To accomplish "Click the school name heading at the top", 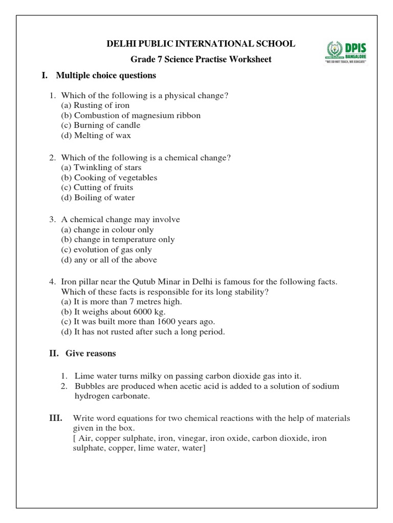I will [201, 44].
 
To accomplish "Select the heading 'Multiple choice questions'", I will [106, 76].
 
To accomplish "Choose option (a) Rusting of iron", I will [95, 105].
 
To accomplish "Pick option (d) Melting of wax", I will [96, 135].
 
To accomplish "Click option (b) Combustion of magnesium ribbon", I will [130, 115].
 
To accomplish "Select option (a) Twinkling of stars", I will [101, 168].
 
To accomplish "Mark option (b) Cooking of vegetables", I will [109, 178].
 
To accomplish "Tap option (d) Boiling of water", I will [98, 198].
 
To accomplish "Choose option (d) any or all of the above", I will [109, 260].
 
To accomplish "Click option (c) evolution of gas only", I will [106, 250].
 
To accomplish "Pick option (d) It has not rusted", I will [143, 332].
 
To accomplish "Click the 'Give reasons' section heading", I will [90, 353].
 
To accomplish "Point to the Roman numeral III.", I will [55, 418].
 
